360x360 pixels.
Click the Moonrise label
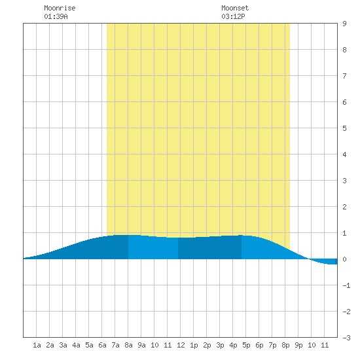[x=60, y=8]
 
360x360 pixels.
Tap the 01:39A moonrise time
[x=56, y=16]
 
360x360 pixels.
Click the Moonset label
[x=235, y=8]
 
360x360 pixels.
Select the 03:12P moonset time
[x=233, y=16]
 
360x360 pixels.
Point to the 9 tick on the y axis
[x=344, y=24]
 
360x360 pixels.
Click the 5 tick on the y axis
[x=344, y=128]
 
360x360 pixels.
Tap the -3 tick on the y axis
[x=346, y=338]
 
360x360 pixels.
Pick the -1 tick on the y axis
[x=346, y=285]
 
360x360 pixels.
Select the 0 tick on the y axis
[x=344, y=259]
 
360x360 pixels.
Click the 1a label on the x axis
[x=37, y=345]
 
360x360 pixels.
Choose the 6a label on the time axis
[x=102, y=345]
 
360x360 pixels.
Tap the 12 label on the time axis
[x=181, y=345]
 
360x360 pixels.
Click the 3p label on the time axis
[x=220, y=345]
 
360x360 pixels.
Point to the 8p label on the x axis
[x=285, y=345]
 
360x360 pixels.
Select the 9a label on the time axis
[x=141, y=345]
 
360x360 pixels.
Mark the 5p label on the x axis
[x=246, y=345]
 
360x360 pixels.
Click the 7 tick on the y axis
[x=344, y=76]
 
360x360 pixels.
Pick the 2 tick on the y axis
[x=344, y=207]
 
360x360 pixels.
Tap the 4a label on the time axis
[x=76, y=345]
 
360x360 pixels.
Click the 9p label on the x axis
[x=298, y=345]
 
